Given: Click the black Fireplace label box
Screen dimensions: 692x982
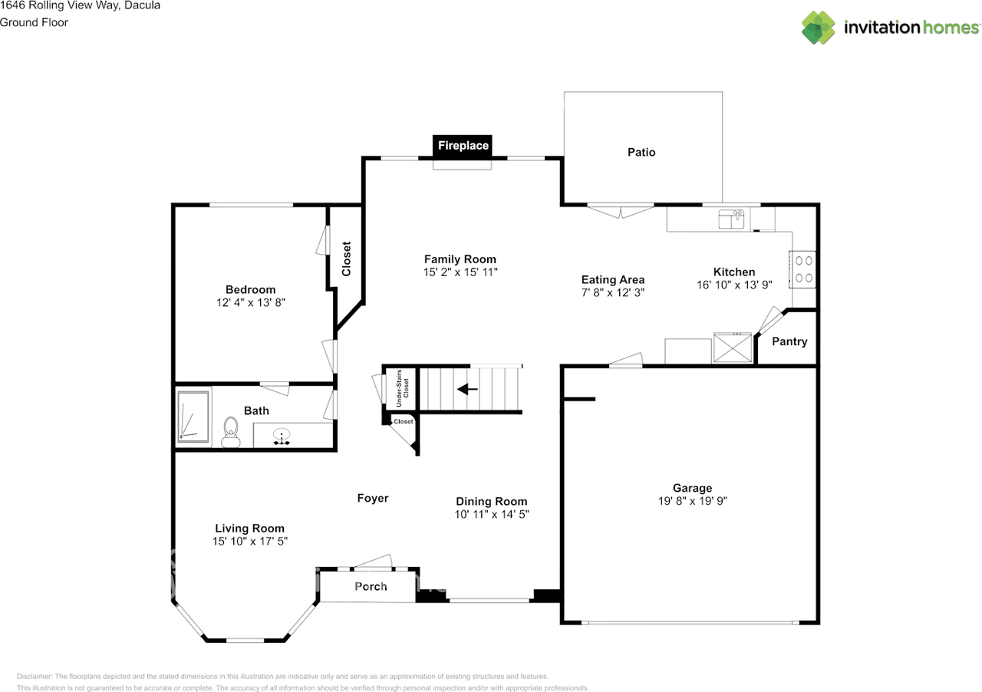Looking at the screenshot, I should [x=463, y=145].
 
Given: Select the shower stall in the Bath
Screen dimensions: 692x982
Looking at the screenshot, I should [x=193, y=417].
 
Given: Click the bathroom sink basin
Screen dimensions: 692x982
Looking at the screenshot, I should [x=282, y=437].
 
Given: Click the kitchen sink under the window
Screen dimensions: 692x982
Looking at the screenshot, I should [x=731, y=220].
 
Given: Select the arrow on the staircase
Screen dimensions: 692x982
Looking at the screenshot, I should [x=467, y=389].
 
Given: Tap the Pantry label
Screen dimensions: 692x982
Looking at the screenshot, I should [x=789, y=341].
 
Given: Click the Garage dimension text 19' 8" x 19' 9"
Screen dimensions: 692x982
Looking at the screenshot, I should [x=692, y=501].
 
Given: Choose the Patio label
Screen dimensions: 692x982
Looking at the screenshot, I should [x=641, y=152].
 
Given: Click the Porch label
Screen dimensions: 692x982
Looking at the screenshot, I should [x=371, y=586].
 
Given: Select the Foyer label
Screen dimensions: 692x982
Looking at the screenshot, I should [x=373, y=498].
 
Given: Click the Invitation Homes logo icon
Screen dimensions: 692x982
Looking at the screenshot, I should [x=819, y=28].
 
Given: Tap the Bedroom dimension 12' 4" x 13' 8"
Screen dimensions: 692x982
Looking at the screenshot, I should [x=251, y=303].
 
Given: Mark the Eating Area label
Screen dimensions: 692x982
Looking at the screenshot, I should [x=612, y=279].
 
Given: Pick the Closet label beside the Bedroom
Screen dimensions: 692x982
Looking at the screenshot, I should [x=346, y=259].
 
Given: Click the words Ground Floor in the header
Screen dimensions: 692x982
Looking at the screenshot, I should [x=34, y=22].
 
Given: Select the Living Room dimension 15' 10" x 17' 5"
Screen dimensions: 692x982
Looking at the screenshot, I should [x=249, y=542].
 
